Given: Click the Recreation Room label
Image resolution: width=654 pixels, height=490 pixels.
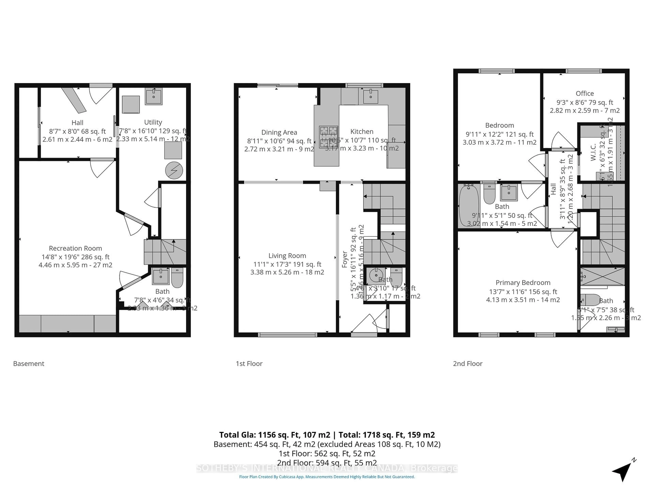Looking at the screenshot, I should (x=75, y=248).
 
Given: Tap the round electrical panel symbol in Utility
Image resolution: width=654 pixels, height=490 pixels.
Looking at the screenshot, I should (x=174, y=170).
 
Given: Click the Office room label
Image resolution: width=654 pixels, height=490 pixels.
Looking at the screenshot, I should (x=585, y=93).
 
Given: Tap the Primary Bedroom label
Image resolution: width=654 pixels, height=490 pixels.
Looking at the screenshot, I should (x=523, y=283).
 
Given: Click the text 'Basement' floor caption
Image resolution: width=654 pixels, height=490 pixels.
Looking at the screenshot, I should (x=29, y=364).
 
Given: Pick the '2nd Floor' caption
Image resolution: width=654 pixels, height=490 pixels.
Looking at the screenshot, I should (x=468, y=364).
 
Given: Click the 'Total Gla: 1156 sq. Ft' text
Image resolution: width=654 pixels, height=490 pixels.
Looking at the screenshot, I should (x=274, y=435).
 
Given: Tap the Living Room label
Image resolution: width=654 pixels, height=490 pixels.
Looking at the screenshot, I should (x=287, y=256).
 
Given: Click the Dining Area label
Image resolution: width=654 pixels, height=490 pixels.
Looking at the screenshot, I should (x=279, y=132).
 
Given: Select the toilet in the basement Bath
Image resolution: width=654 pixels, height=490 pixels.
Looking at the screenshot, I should (x=177, y=278).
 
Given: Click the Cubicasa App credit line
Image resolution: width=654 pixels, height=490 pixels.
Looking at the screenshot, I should (x=327, y=477).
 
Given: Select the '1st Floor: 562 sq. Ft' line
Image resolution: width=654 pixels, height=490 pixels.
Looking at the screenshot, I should (x=327, y=453).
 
